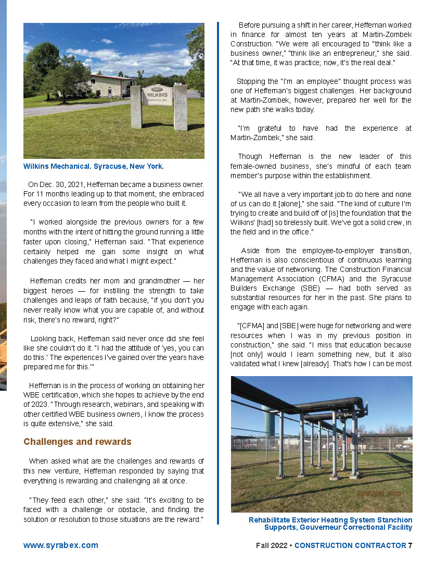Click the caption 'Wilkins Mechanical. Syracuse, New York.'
coord(94,167)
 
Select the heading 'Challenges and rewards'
coord(77,442)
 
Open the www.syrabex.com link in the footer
coord(60,545)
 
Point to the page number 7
coord(410,545)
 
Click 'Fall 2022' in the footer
coord(271,545)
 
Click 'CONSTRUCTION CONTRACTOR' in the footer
coord(350,545)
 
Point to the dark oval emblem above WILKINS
coord(157,89)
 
